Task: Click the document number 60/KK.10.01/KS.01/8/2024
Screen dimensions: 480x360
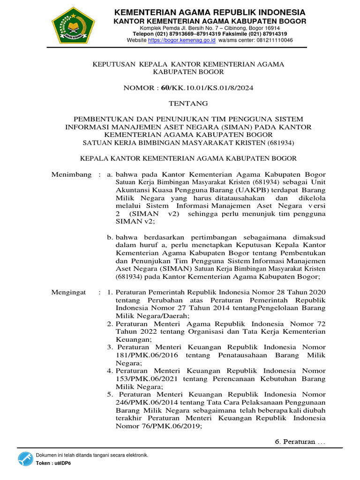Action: point(208,88)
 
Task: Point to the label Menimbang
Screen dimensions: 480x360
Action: point(71,174)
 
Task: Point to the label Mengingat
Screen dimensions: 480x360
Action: point(68,292)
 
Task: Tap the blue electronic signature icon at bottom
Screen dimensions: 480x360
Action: point(25,459)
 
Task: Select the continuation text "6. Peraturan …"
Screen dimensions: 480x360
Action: point(300,442)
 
